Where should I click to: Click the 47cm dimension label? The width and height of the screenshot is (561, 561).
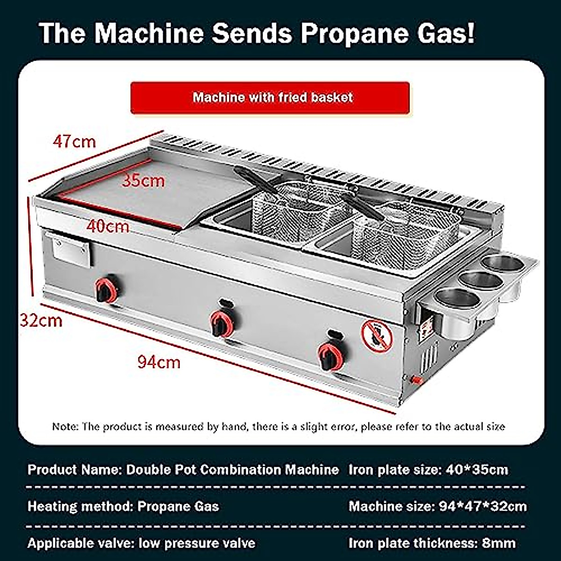pos(74,141)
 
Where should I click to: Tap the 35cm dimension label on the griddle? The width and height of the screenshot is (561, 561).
pos(143,180)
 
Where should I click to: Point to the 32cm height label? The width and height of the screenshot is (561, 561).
pos(41,320)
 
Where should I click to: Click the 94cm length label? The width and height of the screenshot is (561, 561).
pos(158,361)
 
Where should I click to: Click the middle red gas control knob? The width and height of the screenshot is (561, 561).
pos(220,323)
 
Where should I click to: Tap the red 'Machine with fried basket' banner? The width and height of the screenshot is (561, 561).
pos(270,98)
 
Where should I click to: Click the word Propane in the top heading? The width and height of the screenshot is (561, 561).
pos(348,33)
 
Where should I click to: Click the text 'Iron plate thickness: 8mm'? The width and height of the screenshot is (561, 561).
pos(432,543)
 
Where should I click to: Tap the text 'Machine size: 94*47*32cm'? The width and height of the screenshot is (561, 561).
pos(438,506)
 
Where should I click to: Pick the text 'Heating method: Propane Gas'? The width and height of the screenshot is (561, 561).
pos(123,506)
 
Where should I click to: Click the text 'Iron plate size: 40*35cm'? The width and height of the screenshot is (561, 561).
pos(428,469)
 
